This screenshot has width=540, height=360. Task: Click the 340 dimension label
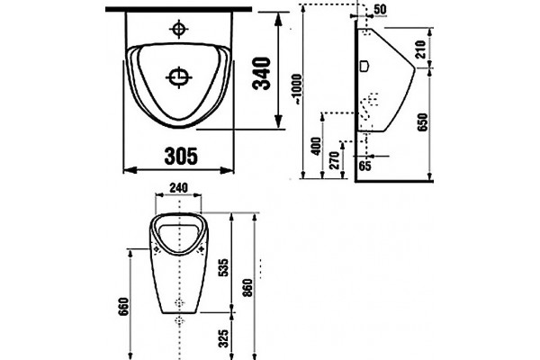(261, 73)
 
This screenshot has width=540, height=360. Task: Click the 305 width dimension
(181, 156)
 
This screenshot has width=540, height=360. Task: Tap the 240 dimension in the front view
(178, 188)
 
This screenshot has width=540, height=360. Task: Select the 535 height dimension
(223, 267)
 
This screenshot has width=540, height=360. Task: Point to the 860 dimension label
(247, 289)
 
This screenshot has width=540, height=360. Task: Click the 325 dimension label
(223, 338)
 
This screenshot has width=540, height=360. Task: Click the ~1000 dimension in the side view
(297, 89)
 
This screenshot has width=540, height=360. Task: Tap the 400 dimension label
(317, 146)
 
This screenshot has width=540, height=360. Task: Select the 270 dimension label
(335, 160)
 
